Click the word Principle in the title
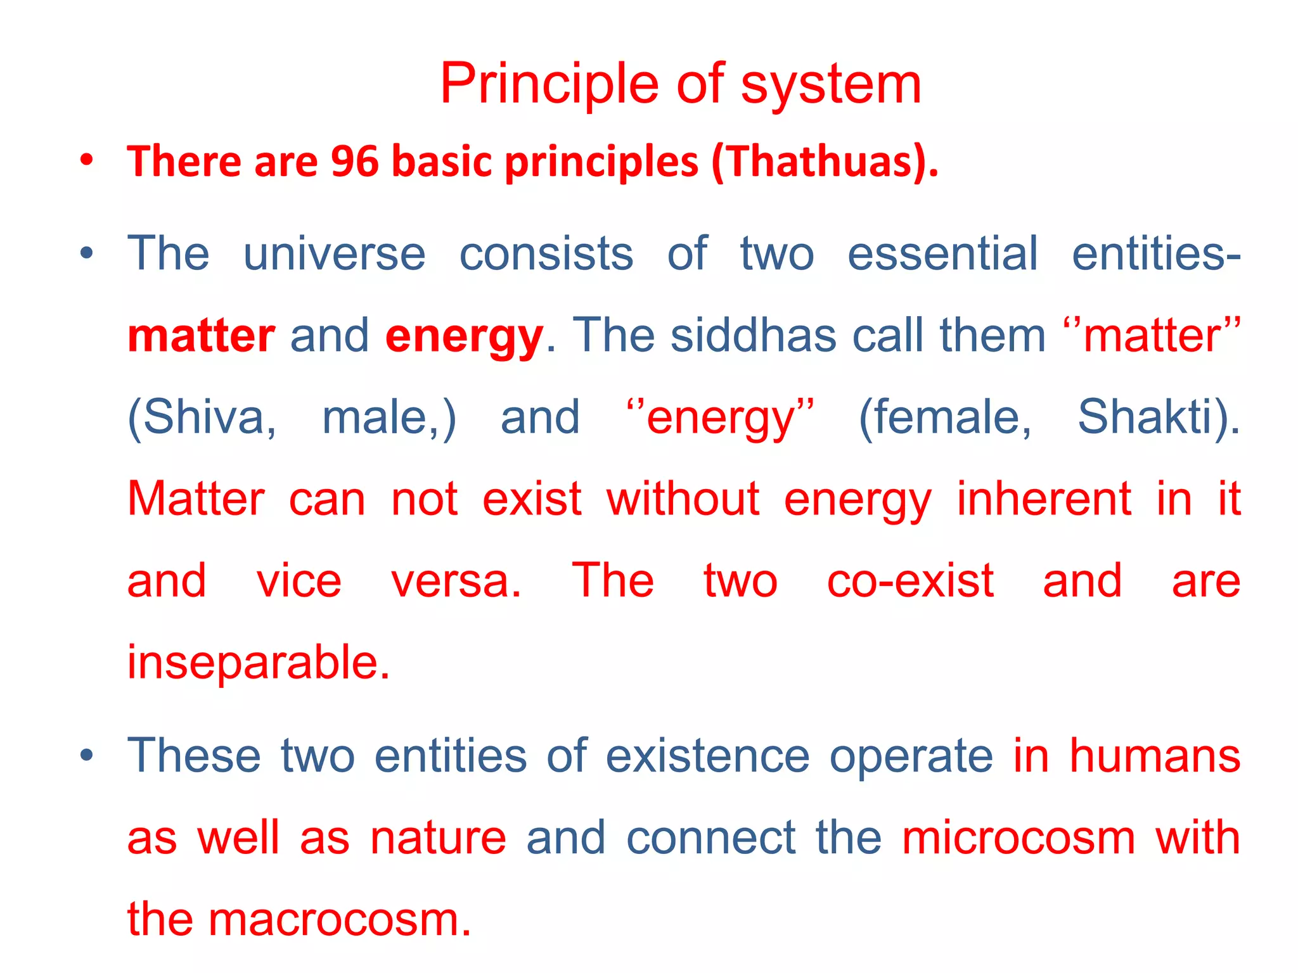pos(549,84)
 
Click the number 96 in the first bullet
pos(354,162)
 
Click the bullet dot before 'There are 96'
pos(87,160)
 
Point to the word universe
pos(334,254)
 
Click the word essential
pos(942,254)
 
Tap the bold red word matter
pos(201,336)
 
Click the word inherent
pos(1043,499)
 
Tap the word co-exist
pos(910,581)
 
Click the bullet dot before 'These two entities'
pos(87,755)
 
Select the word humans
pos(1155,756)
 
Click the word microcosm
pos(1018,838)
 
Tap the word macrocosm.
pos(340,920)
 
